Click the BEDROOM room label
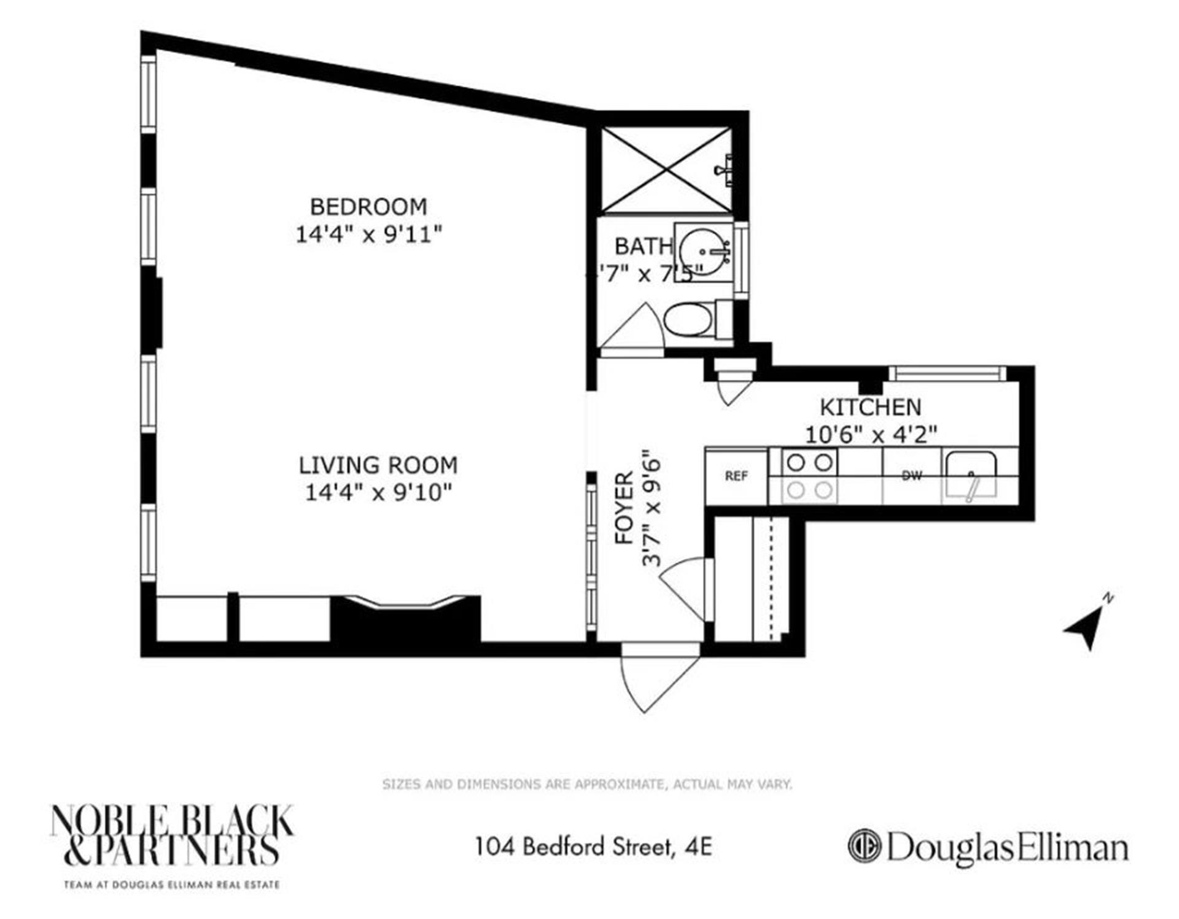[368, 207]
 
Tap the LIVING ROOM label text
[378, 465]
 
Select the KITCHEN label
[870, 407]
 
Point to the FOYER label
[624, 508]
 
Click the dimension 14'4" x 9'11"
[368, 235]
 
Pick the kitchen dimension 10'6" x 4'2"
[871, 435]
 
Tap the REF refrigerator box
[736, 476]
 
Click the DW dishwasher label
[911, 476]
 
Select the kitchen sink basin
[971, 475]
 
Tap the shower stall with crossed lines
[666, 170]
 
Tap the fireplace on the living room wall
[405, 617]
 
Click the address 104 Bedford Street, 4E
[593, 847]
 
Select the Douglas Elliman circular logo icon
[864, 847]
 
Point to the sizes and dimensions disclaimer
[587, 784]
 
